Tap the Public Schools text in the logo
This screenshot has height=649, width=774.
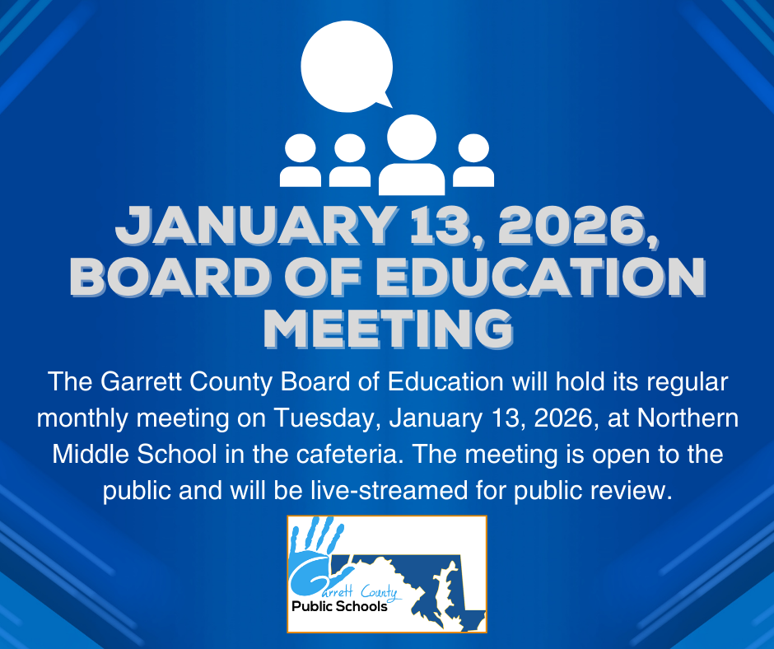click(x=339, y=608)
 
